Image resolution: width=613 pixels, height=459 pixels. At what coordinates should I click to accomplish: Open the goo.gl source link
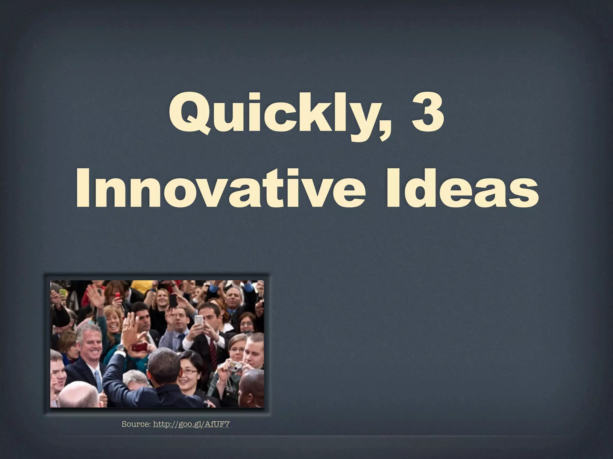point(191,424)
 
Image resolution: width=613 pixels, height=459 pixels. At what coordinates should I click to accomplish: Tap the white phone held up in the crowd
point(198,320)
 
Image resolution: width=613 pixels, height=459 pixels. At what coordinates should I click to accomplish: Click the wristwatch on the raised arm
point(121,348)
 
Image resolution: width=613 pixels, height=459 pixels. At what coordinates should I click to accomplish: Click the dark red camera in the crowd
point(139,347)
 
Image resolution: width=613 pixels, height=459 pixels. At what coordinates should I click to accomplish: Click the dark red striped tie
point(213,350)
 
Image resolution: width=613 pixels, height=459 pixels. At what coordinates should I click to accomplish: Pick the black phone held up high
point(173,300)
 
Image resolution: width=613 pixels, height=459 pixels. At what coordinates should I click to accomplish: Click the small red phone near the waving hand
point(117,296)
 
